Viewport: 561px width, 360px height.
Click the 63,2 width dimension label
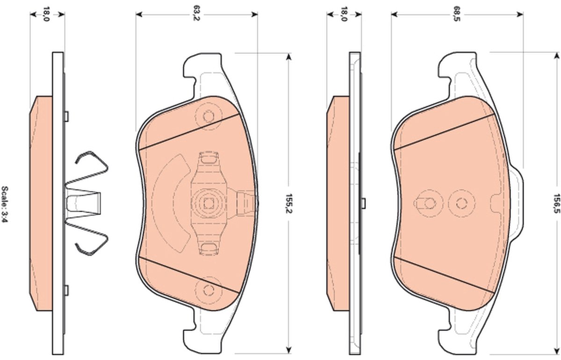pos(197,14)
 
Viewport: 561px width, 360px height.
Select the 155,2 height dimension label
pos(289,204)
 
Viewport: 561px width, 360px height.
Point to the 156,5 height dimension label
pos(556,203)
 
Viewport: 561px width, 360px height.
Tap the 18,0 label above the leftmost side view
pos(46,14)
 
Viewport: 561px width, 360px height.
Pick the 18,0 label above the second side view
pos(345,14)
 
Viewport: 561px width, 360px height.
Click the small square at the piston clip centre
pos(208,203)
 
